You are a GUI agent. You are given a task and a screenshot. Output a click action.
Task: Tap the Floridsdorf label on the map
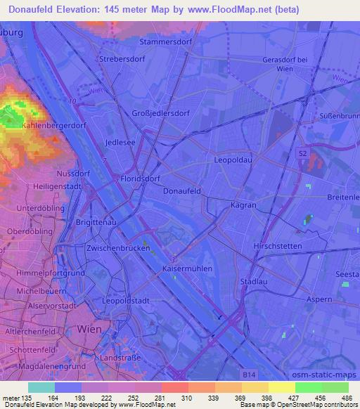(141, 179)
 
